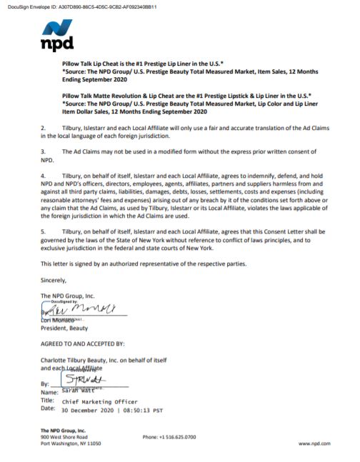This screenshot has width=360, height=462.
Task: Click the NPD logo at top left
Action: pos(57,36)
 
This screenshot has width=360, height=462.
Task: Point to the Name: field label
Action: pos(50,393)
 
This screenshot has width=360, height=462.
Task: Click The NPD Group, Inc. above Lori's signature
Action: pos(67,295)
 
